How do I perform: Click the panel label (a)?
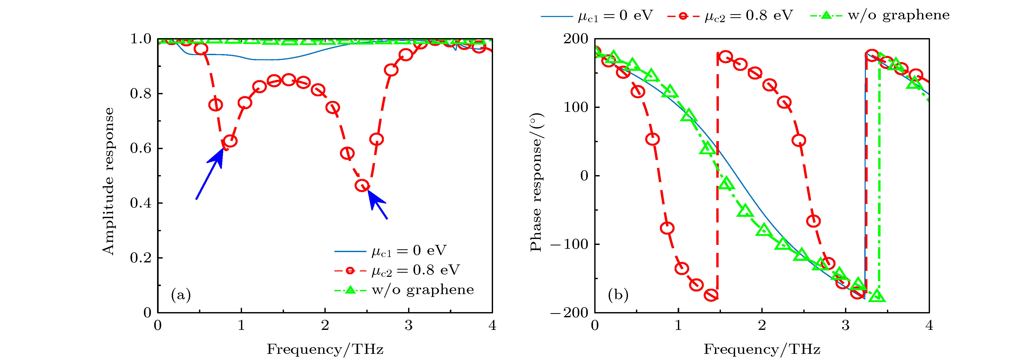tap(181, 295)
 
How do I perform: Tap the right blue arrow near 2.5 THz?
tap(377, 205)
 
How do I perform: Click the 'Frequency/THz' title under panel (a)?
tap(325, 349)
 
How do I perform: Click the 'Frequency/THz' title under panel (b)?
tap(762, 349)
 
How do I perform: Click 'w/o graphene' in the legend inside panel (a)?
tap(423, 290)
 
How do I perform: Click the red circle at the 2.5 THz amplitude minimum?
tap(362, 185)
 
